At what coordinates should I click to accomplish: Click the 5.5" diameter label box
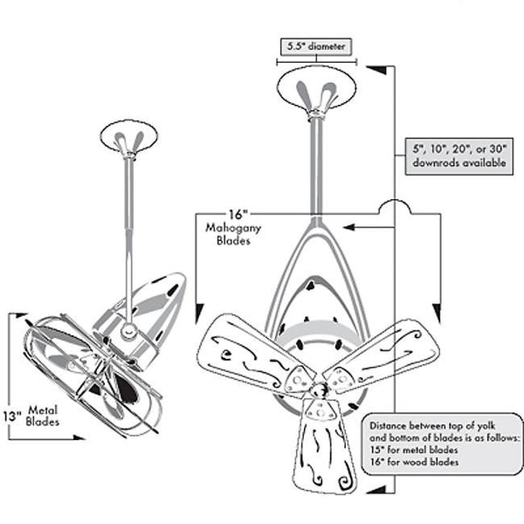pos(316,46)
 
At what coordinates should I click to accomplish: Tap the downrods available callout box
pos(458,156)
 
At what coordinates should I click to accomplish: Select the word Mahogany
pos(233,228)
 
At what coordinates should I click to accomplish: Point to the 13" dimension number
pos(12,417)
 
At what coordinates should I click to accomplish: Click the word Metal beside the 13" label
pos(43,410)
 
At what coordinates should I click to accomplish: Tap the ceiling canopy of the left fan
pos(129,136)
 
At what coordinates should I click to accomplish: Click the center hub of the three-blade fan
pos(319,389)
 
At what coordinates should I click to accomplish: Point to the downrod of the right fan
pos(316,167)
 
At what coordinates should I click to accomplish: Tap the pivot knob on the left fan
pos(128,331)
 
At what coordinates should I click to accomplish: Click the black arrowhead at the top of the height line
pos(377,70)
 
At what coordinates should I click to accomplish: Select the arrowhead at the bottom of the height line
pos(377,489)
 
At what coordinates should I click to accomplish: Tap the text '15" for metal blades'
pos(414,450)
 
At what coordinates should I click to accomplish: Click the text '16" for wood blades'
pos(414,462)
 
